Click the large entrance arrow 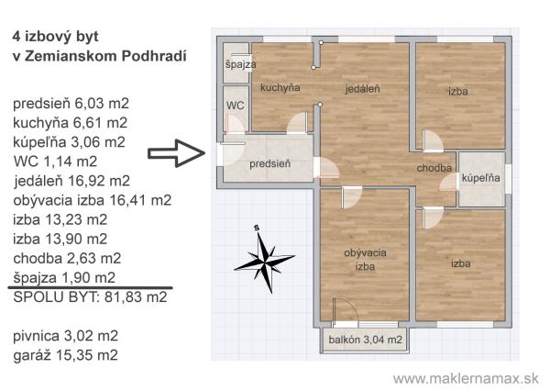click(176, 153)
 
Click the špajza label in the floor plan click(240, 64)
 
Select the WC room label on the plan click(235, 106)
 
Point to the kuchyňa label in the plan click(280, 87)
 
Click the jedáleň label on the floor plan click(362, 89)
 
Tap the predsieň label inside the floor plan click(269, 163)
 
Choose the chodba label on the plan click(434, 168)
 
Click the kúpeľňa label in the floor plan click(481, 178)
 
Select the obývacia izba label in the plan click(365, 260)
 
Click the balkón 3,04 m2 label click(365, 340)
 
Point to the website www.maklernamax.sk click(466, 379)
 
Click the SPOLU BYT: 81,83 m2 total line click(90, 297)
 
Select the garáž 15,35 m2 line click(66, 355)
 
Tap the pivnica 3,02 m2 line click(66, 336)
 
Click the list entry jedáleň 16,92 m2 click(71, 181)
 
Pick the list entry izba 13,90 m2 click(60, 240)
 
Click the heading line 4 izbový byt click(55, 37)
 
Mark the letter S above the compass click(257, 228)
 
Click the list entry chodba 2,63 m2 click(67, 259)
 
